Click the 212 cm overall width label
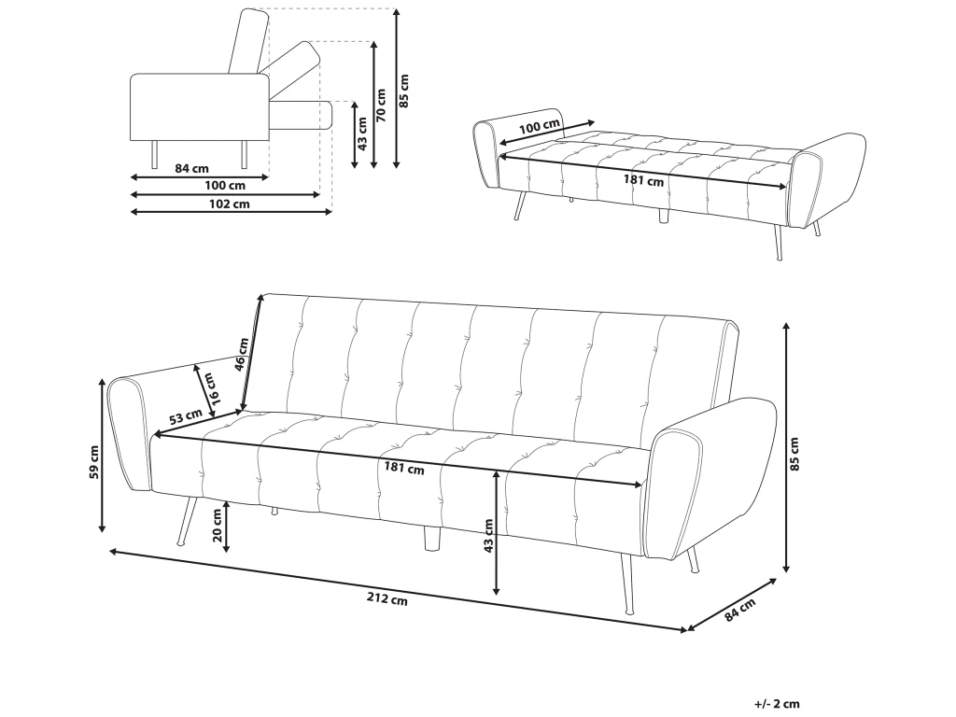click(x=387, y=599)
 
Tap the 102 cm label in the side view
click(x=230, y=204)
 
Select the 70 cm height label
click(x=381, y=105)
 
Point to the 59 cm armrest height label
click(x=94, y=462)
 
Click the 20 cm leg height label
click(x=218, y=526)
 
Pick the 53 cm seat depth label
click(x=186, y=416)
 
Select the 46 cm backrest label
click(x=242, y=354)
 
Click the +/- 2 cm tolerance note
click(x=777, y=704)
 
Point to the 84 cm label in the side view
click(x=192, y=168)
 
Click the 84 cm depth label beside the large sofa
click(x=739, y=610)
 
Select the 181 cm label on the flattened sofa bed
click(x=643, y=180)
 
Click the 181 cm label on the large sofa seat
click(x=403, y=469)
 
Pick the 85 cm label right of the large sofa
click(x=794, y=455)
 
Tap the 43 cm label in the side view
click(x=362, y=134)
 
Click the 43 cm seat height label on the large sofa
click(x=488, y=536)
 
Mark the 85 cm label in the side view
click(x=403, y=91)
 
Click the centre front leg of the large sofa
click(x=431, y=538)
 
